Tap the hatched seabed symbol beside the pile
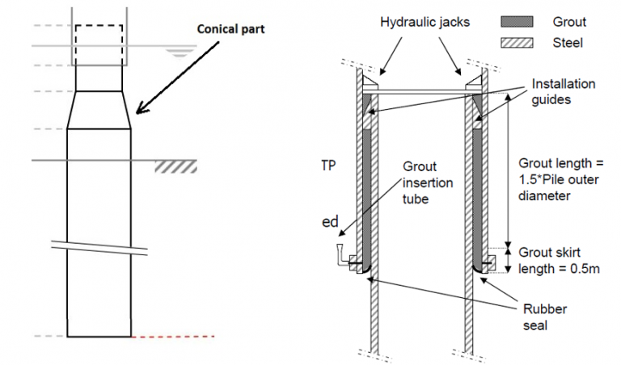click(175, 166)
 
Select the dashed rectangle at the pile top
click(99, 44)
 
